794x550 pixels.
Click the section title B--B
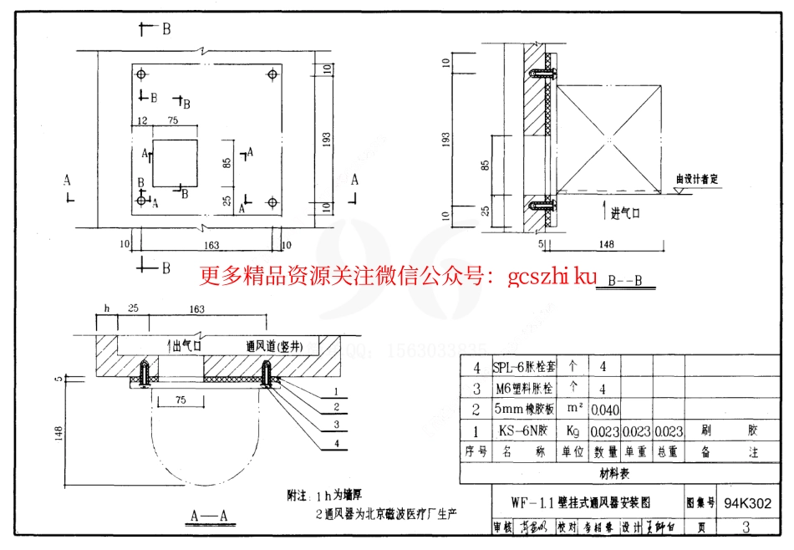[x=625, y=281]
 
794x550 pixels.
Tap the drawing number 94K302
[x=747, y=504]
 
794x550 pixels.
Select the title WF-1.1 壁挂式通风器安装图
[x=585, y=503]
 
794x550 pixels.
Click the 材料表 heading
[x=613, y=474]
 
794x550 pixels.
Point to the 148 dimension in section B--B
[x=607, y=244]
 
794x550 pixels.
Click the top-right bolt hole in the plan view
[x=272, y=75]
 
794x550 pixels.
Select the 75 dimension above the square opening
[x=173, y=121]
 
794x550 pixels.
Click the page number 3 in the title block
[x=746, y=527]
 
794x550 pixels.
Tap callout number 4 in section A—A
[x=335, y=444]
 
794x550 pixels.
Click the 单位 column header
[x=573, y=452]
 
